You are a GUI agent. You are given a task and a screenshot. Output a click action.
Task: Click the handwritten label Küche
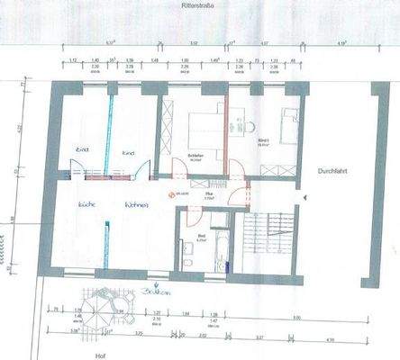pos(87,204)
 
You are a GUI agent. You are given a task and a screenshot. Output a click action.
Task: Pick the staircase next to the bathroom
pos(267,241)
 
